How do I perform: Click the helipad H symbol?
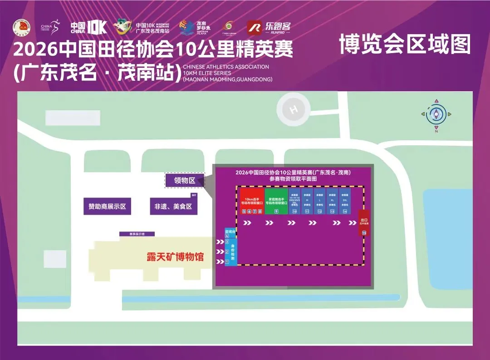click(x=294, y=109)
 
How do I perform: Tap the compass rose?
click(x=436, y=115)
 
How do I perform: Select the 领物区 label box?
click(x=185, y=181)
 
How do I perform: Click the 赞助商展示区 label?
click(x=107, y=207)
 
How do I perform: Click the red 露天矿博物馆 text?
click(x=175, y=257)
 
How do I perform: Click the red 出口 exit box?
click(x=364, y=222)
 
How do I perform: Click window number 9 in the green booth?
click(x=276, y=211)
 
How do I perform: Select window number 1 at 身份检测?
click(x=227, y=261)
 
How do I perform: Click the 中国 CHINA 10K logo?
click(x=88, y=28)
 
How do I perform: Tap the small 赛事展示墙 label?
click(x=137, y=234)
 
